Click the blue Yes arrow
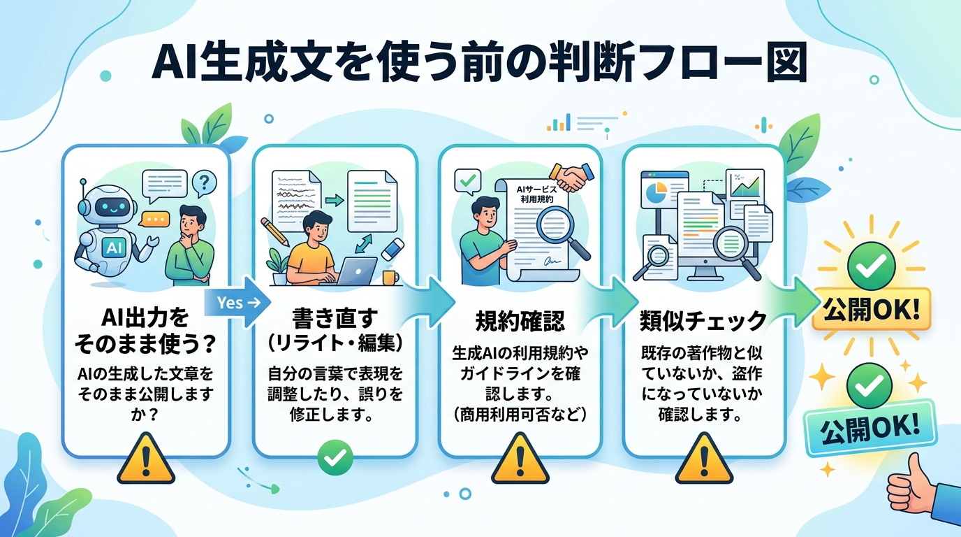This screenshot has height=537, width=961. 234,302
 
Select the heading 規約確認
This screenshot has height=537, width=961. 520,322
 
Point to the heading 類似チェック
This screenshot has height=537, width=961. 703,322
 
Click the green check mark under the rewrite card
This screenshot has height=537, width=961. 335,458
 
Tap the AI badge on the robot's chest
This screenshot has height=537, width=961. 112,246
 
